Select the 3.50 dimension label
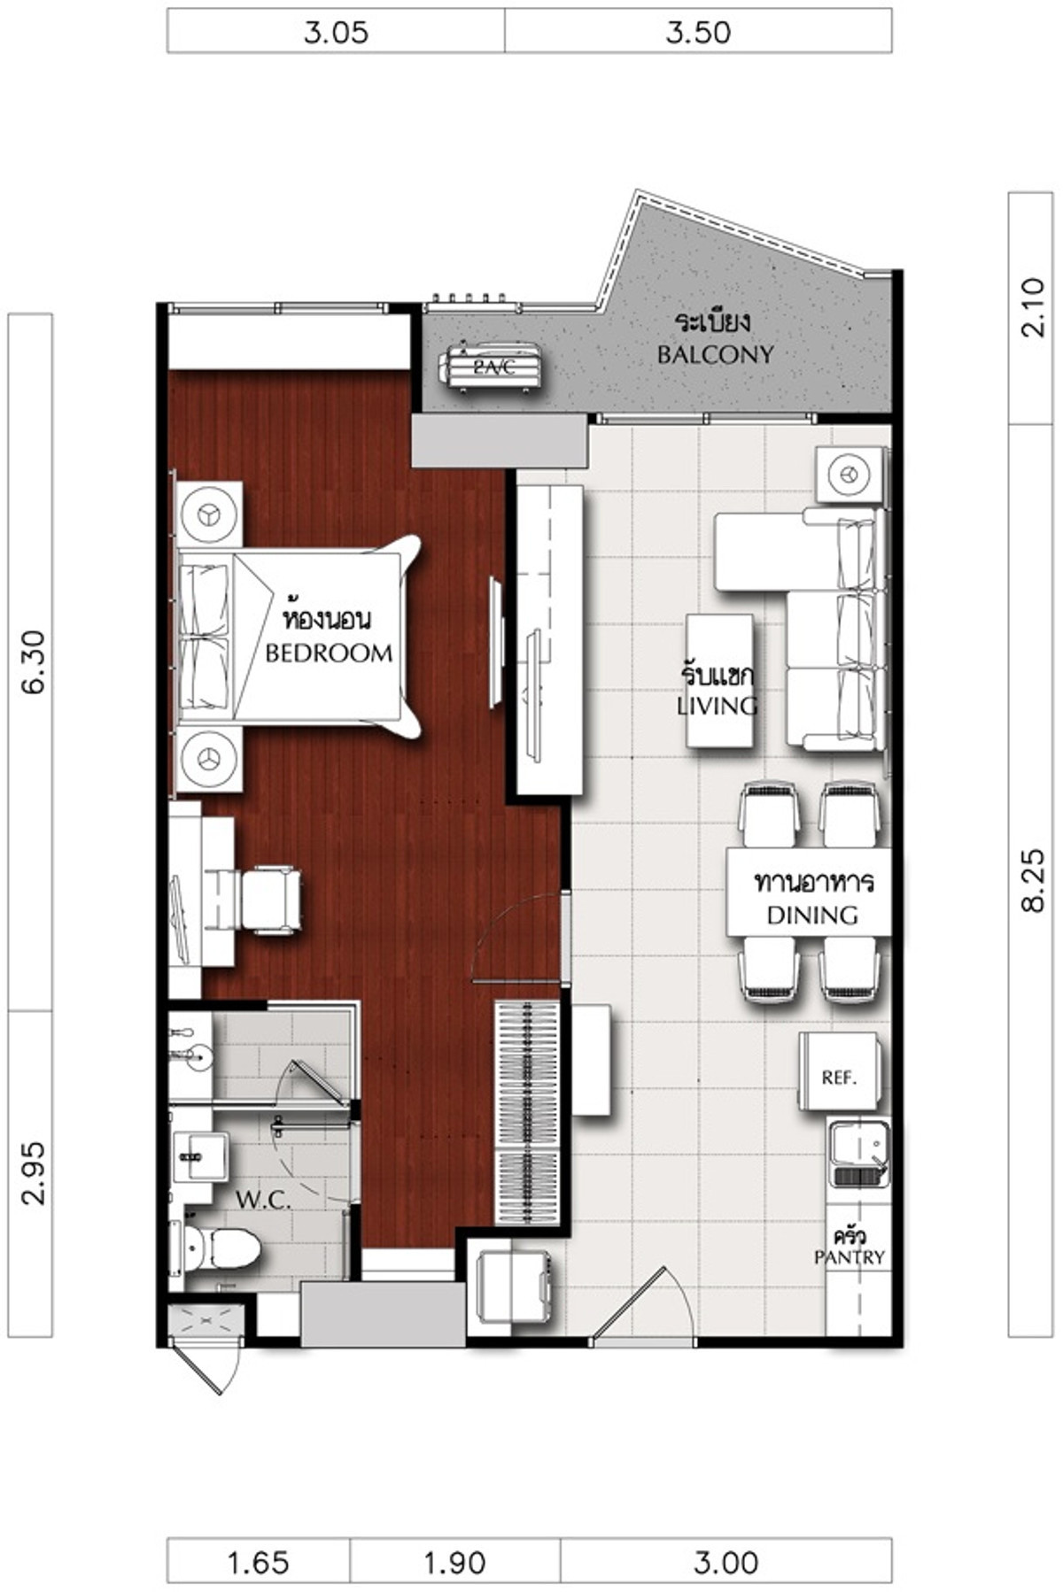(698, 33)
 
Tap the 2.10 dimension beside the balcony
(1033, 307)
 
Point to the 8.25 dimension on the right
(1033, 880)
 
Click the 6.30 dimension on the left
(32, 661)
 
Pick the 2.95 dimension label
(32, 1173)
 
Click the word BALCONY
(715, 355)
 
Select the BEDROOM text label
(329, 653)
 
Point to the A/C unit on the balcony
(492, 365)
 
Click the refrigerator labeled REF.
(840, 1070)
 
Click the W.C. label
(264, 1201)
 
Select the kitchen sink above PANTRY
(858, 1153)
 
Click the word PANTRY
(850, 1257)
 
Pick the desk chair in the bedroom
(270, 900)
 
